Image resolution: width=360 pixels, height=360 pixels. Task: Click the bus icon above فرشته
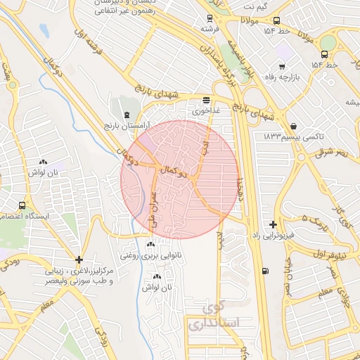(x=208, y=18)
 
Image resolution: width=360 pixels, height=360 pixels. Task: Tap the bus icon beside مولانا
(x=276, y=21)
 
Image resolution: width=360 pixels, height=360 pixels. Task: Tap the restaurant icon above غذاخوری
(x=205, y=100)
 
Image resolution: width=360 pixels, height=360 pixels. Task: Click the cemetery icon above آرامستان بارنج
(x=126, y=115)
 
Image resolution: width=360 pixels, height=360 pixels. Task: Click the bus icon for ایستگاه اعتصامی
(x=22, y=206)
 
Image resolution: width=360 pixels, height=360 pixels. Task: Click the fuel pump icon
(x=264, y=272)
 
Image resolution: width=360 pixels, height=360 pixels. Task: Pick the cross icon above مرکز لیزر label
(x=79, y=259)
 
